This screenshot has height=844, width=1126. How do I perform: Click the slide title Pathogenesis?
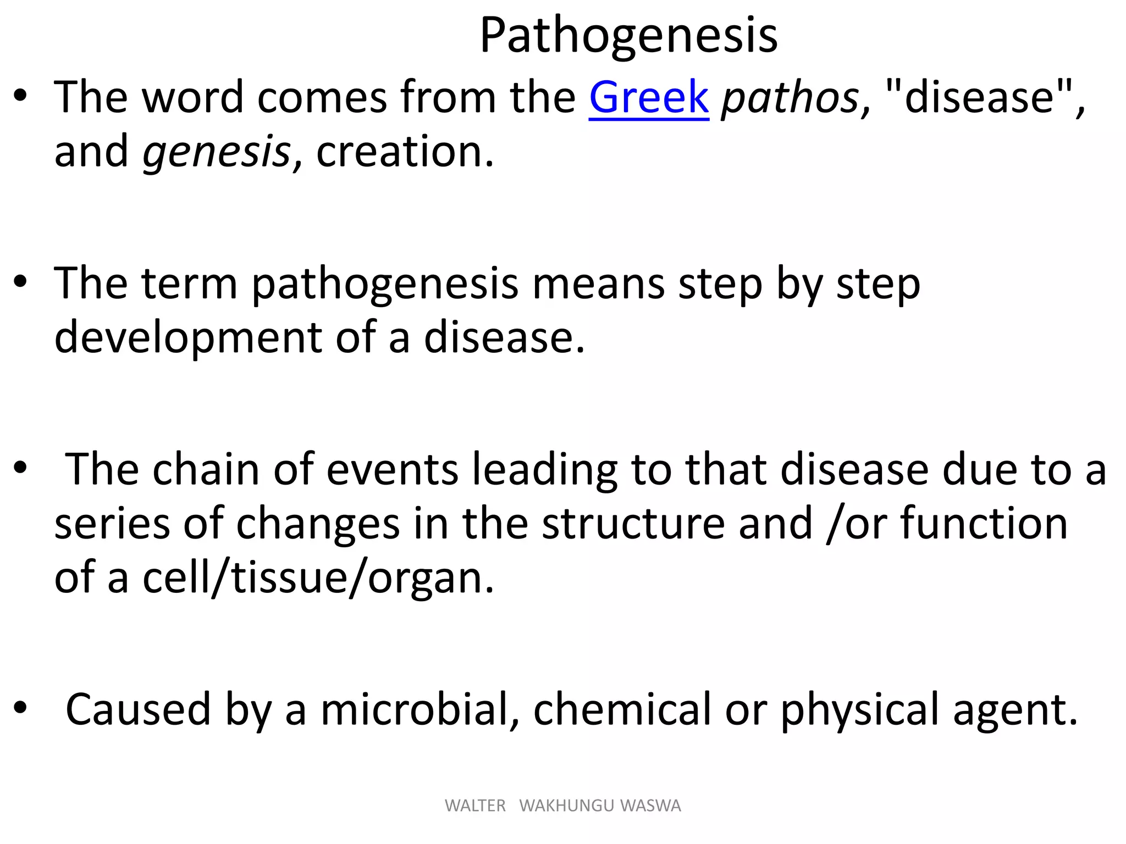[x=628, y=36]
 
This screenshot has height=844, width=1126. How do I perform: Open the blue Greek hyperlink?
[x=649, y=98]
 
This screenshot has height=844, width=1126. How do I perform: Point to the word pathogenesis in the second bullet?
[x=385, y=285]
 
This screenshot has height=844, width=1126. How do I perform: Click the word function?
[x=984, y=524]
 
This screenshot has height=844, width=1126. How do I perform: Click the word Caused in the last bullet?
[x=138, y=709]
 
